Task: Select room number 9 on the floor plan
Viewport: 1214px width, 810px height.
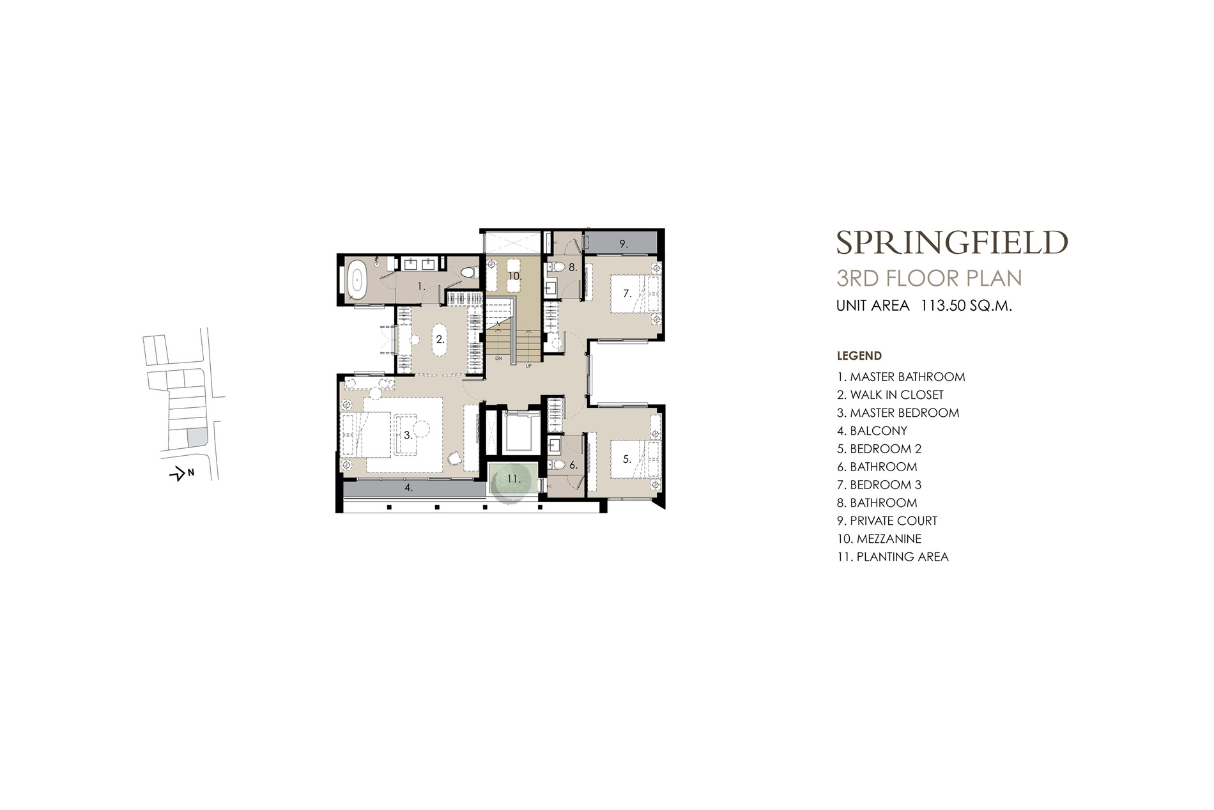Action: coord(623,244)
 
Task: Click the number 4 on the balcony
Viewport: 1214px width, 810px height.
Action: coord(409,488)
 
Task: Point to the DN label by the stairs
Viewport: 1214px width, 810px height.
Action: coord(498,359)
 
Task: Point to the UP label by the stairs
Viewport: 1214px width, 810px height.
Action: coord(528,367)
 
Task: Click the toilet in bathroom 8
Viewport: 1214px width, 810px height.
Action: coord(557,267)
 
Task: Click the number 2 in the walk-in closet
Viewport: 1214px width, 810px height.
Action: coord(440,339)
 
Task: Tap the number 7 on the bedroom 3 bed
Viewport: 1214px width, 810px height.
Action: coord(627,293)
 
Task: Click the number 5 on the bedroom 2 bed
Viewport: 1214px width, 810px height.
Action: coord(627,458)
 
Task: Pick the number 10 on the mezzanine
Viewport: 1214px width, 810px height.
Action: coord(515,277)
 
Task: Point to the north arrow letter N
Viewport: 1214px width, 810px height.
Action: coord(190,473)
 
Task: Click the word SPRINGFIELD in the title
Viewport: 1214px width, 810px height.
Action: coord(952,242)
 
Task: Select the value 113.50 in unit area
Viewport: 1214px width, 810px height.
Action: coord(942,306)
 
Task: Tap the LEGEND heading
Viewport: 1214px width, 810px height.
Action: coord(859,355)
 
